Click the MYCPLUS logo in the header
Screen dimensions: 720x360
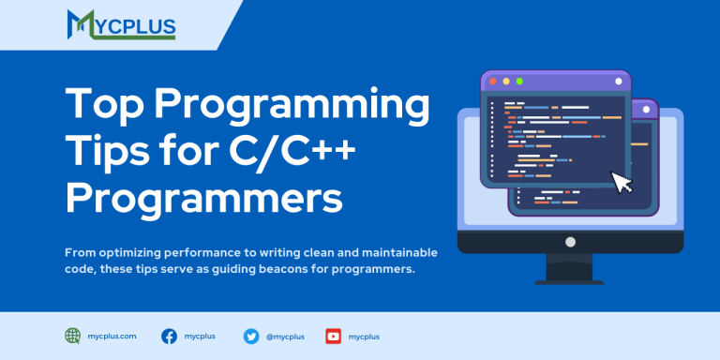click(x=121, y=24)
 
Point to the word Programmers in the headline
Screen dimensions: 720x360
click(x=204, y=198)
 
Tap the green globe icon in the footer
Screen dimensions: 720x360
click(x=72, y=337)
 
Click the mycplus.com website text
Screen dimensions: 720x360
click(x=112, y=337)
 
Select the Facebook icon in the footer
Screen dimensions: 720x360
click(x=169, y=337)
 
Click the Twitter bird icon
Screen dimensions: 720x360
click(x=251, y=337)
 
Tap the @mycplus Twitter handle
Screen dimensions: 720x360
click(x=285, y=337)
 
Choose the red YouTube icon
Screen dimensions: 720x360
click(x=334, y=337)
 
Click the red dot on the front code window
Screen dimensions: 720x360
click(x=493, y=82)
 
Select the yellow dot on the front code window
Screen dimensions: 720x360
click(x=506, y=82)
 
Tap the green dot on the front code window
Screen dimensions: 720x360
click(x=519, y=82)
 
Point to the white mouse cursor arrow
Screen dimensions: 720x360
click(x=622, y=182)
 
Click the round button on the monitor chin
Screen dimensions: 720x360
click(x=570, y=242)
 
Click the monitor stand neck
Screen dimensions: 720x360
click(x=569, y=267)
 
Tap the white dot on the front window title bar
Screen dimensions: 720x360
click(x=619, y=82)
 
